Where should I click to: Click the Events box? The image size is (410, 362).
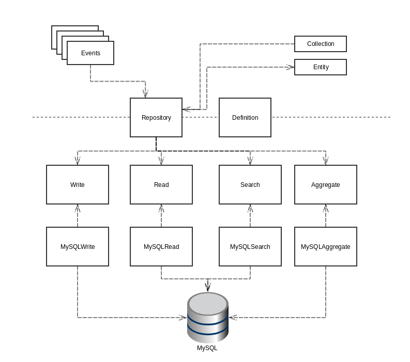(90, 53)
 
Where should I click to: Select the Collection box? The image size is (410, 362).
(321, 44)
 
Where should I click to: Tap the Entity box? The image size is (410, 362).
(321, 67)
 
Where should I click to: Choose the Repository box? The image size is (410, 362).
(156, 118)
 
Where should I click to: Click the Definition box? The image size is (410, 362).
(245, 118)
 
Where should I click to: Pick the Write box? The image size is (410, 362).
(78, 185)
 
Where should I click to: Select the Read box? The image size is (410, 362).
(161, 185)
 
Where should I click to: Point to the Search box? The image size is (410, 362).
(250, 185)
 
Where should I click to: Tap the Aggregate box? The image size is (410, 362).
(326, 185)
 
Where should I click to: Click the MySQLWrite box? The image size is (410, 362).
(78, 247)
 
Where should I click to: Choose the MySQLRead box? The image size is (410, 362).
(161, 247)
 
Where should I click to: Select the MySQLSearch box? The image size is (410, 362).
(250, 247)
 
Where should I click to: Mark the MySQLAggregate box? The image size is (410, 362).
(326, 247)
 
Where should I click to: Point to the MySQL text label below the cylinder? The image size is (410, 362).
(207, 348)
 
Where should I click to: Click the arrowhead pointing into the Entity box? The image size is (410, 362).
(291, 67)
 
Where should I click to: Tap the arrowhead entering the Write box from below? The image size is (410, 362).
(78, 208)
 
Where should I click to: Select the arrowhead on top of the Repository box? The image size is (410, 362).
(146, 94)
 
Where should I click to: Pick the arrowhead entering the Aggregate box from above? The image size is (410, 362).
(326, 161)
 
